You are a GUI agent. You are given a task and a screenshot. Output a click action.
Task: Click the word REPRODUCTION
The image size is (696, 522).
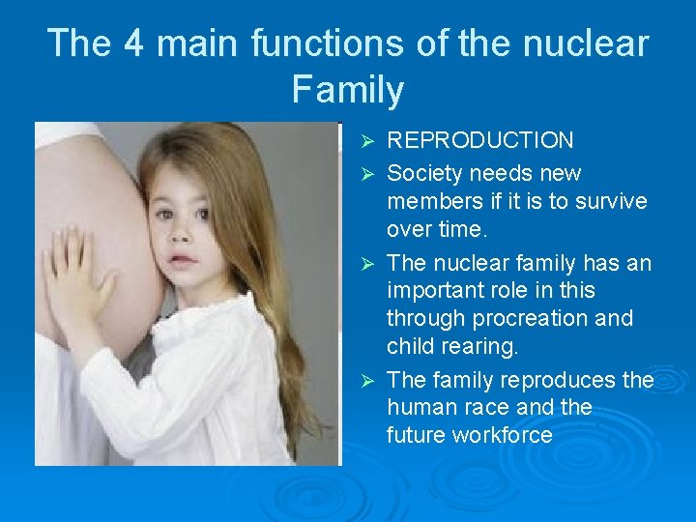(479, 141)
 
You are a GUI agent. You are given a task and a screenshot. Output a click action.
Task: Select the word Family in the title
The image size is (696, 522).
(347, 90)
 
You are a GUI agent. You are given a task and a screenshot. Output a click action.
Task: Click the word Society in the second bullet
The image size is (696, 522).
(428, 174)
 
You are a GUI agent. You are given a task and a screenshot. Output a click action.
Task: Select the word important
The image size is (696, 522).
(437, 291)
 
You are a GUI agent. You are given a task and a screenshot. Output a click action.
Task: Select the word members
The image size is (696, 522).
(436, 201)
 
